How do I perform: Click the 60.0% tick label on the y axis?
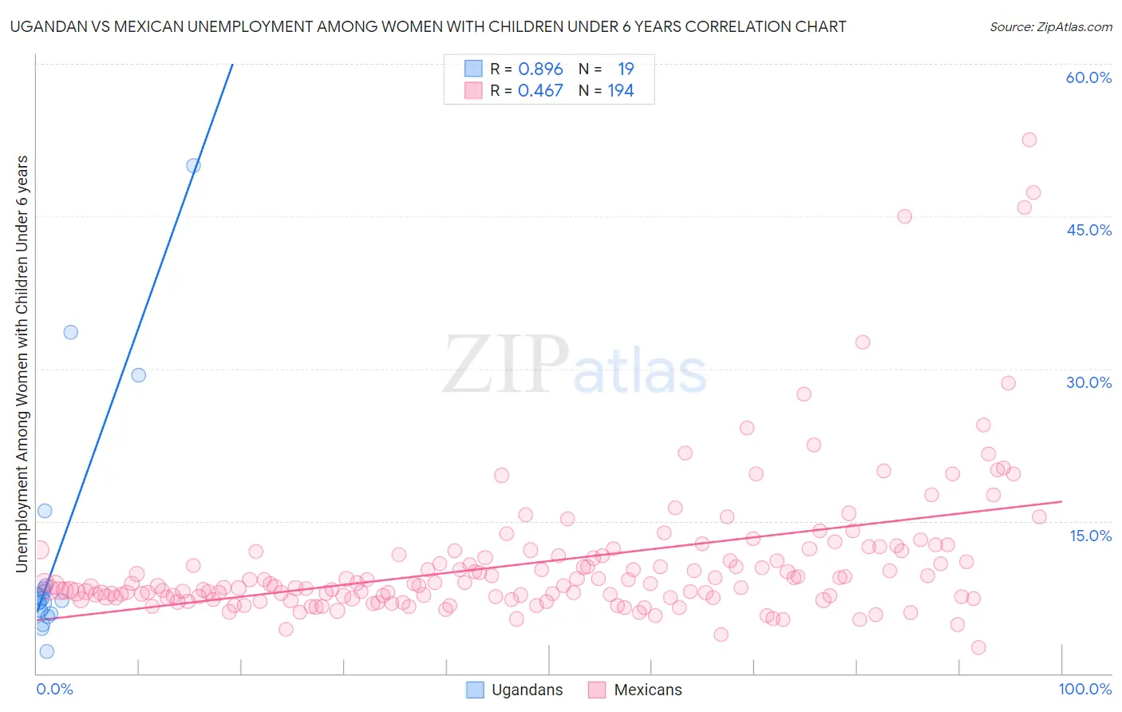(1088, 77)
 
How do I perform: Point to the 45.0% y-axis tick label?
(1088, 230)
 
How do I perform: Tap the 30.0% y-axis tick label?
(1088, 382)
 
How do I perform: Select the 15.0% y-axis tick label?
(1090, 536)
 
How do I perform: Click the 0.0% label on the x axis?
(54, 689)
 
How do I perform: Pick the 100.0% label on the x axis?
(1084, 689)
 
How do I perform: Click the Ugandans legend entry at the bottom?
(527, 690)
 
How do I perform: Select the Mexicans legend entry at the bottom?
(647, 690)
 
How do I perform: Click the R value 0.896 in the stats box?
(540, 69)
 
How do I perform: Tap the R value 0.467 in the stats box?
(540, 91)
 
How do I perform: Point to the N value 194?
(621, 91)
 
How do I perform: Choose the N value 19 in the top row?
(626, 69)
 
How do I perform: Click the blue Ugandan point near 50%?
(193, 166)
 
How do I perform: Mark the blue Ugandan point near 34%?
(71, 332)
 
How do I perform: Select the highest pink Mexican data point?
(1029, 140)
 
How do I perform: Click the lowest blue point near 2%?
(47, 651)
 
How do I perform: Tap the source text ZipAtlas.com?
(1050, 27)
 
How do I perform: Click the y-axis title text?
(22, 364)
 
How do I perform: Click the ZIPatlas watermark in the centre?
(575, 366)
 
